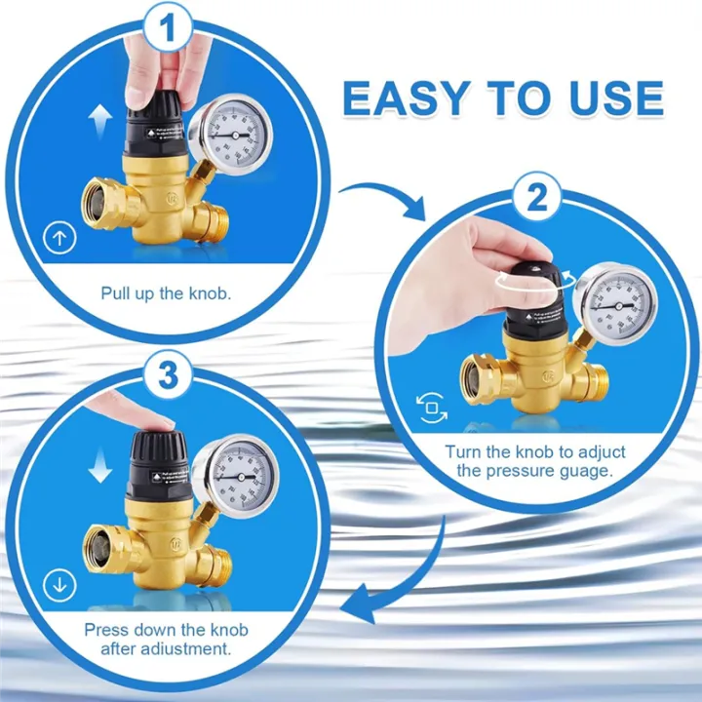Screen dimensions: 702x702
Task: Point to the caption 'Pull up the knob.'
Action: (x=166, y=292)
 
